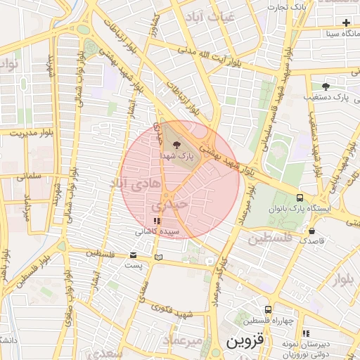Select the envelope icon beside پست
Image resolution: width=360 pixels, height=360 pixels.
pos(134,255)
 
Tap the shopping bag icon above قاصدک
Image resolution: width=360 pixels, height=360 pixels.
pos(311,230)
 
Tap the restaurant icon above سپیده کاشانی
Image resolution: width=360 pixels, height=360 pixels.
pos(155,221)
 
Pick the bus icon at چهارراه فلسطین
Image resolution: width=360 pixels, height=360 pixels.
pos(268,309)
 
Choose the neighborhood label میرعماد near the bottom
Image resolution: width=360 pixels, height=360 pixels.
pos(183,340)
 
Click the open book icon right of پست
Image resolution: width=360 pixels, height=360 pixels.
pos(158,257)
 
